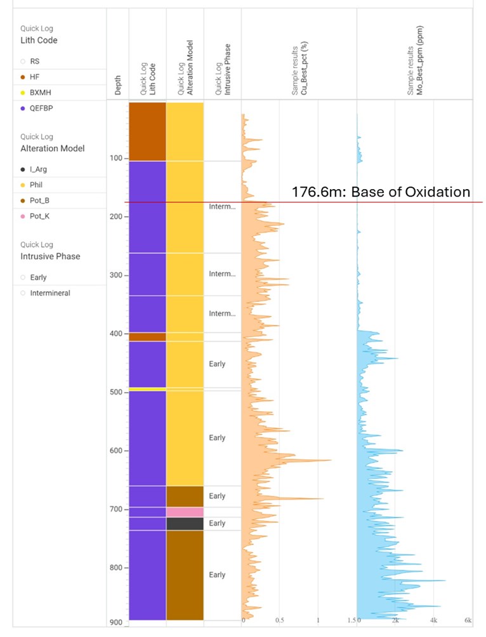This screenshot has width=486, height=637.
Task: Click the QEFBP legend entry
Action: pos(37,108)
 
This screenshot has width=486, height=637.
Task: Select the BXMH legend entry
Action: pos(41,92)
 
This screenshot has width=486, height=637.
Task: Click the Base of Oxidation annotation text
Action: pos(381,192)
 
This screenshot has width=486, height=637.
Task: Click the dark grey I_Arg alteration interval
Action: pos(185,523)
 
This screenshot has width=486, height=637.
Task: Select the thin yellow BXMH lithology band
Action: pos(147,388)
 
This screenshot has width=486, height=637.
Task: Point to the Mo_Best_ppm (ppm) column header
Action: pos(416,61)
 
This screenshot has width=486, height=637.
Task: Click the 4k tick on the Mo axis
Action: pos(433,619)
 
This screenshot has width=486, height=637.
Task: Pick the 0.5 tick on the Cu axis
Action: pos(280,619)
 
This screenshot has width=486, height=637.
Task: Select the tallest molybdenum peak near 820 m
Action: pos(445,581)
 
